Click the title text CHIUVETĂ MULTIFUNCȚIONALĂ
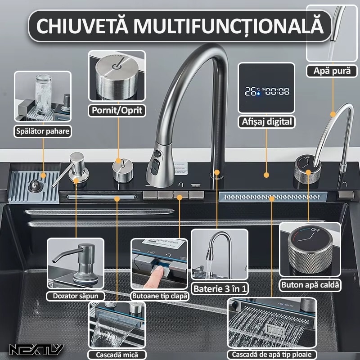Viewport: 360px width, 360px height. pos(180,26)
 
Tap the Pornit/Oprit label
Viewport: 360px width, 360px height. pos(117,110)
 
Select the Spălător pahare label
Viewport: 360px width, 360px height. pos(43,131)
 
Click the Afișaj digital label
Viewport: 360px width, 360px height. pos(266,121)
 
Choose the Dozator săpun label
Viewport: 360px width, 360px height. pos(76,296)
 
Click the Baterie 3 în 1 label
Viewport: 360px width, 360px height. pos(220,288)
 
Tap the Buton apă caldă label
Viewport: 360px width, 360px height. pos(310,285)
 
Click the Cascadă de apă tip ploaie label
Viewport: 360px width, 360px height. pos(271,354)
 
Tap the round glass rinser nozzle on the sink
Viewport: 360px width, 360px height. pos(34,186)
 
